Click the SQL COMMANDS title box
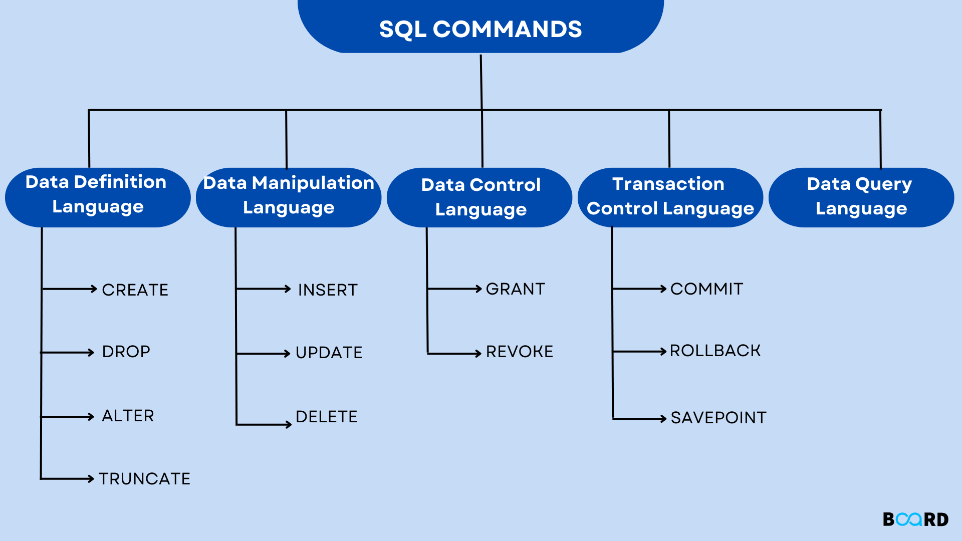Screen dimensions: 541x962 pyautogui.click(x=480, y=28)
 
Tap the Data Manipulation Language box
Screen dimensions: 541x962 pyautogui.click(x=289, y=196)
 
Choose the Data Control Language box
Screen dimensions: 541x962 pyautogui.click(x=480, y=197)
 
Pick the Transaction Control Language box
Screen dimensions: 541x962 pyautogui.click(x=670, y=196)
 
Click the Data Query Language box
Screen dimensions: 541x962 pyautogui.click(x=861, y=196)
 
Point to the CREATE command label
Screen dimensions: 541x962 pyautogui.click(x=135, y=290)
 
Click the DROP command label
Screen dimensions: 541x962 pyautogui.click(x=126, y=352)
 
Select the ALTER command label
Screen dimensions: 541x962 pyautogui.click(x=128, y=416)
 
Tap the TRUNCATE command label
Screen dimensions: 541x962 pyautogui.click(x=145, y=479)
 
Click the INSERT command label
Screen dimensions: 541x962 pyautogui.click(x=328, y=290)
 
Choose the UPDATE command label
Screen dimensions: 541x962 pyautogui.click(x=329, y=353)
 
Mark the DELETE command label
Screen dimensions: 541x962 pyautogui.click(x=327, y=417)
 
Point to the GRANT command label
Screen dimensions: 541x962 pyautogui.click(x=516, y=289)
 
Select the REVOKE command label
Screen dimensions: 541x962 pyautogui.click(x=520, y=352)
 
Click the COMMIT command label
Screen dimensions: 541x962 pyautogui.click(x=706, y=289)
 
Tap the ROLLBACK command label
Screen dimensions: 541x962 pyautogui.click(x=715, y=351)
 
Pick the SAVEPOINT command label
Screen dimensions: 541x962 pyautogui.click(x=718, y=418)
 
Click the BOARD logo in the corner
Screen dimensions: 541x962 pyautogui.click(x=915, y=519)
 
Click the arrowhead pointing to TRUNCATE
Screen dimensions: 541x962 pyautogui.click(x=91, y=479)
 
